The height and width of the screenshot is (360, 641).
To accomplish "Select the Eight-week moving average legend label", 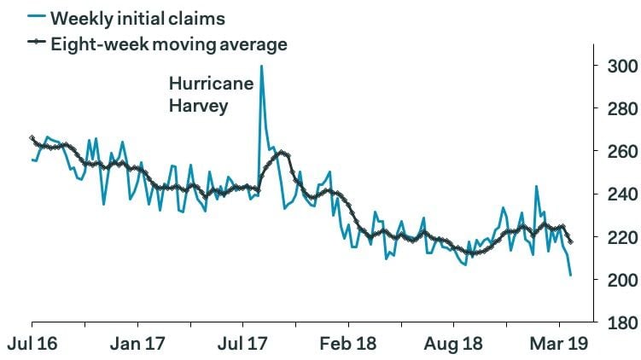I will tap(167, 43).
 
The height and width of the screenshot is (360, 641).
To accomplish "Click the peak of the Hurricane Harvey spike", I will tap(261, 67).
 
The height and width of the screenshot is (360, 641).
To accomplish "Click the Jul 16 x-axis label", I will tap(32, 345).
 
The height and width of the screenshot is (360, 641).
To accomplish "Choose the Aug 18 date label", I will tap(454, 345).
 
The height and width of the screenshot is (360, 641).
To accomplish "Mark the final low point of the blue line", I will tap(571, 275).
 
